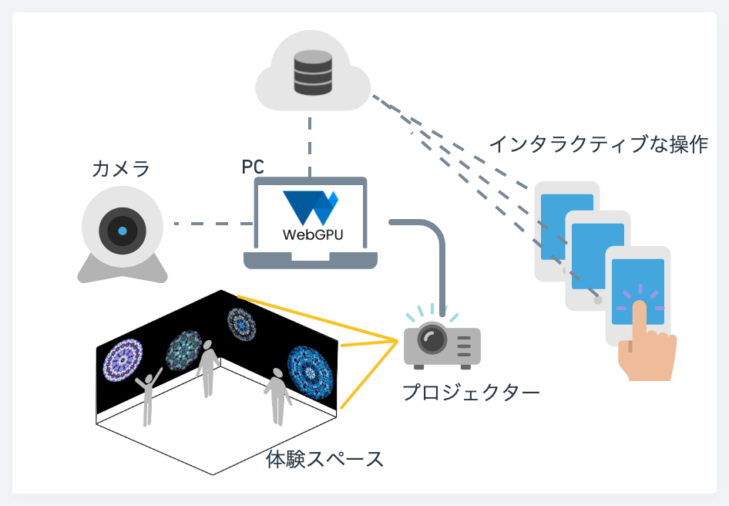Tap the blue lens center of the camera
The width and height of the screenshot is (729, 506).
(122, 230)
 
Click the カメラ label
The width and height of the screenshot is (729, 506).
(120, 168)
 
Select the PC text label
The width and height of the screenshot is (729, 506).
(254, 167)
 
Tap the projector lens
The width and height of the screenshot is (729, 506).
(432, 339)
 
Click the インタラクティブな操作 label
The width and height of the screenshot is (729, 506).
(598, 144)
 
